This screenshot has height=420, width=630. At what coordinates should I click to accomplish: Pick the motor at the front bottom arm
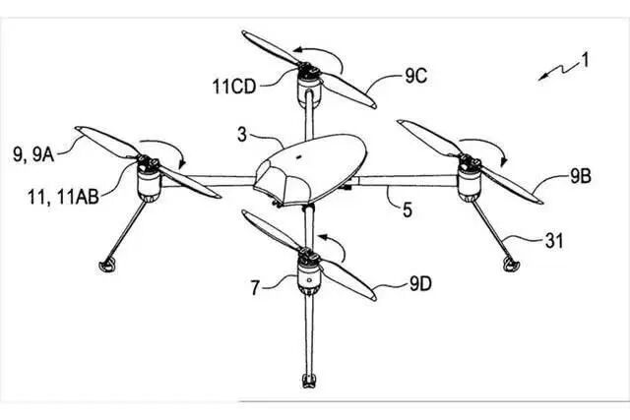309,276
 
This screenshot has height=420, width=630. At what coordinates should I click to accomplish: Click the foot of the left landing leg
106,264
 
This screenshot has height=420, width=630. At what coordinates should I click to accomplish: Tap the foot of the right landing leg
509,261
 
